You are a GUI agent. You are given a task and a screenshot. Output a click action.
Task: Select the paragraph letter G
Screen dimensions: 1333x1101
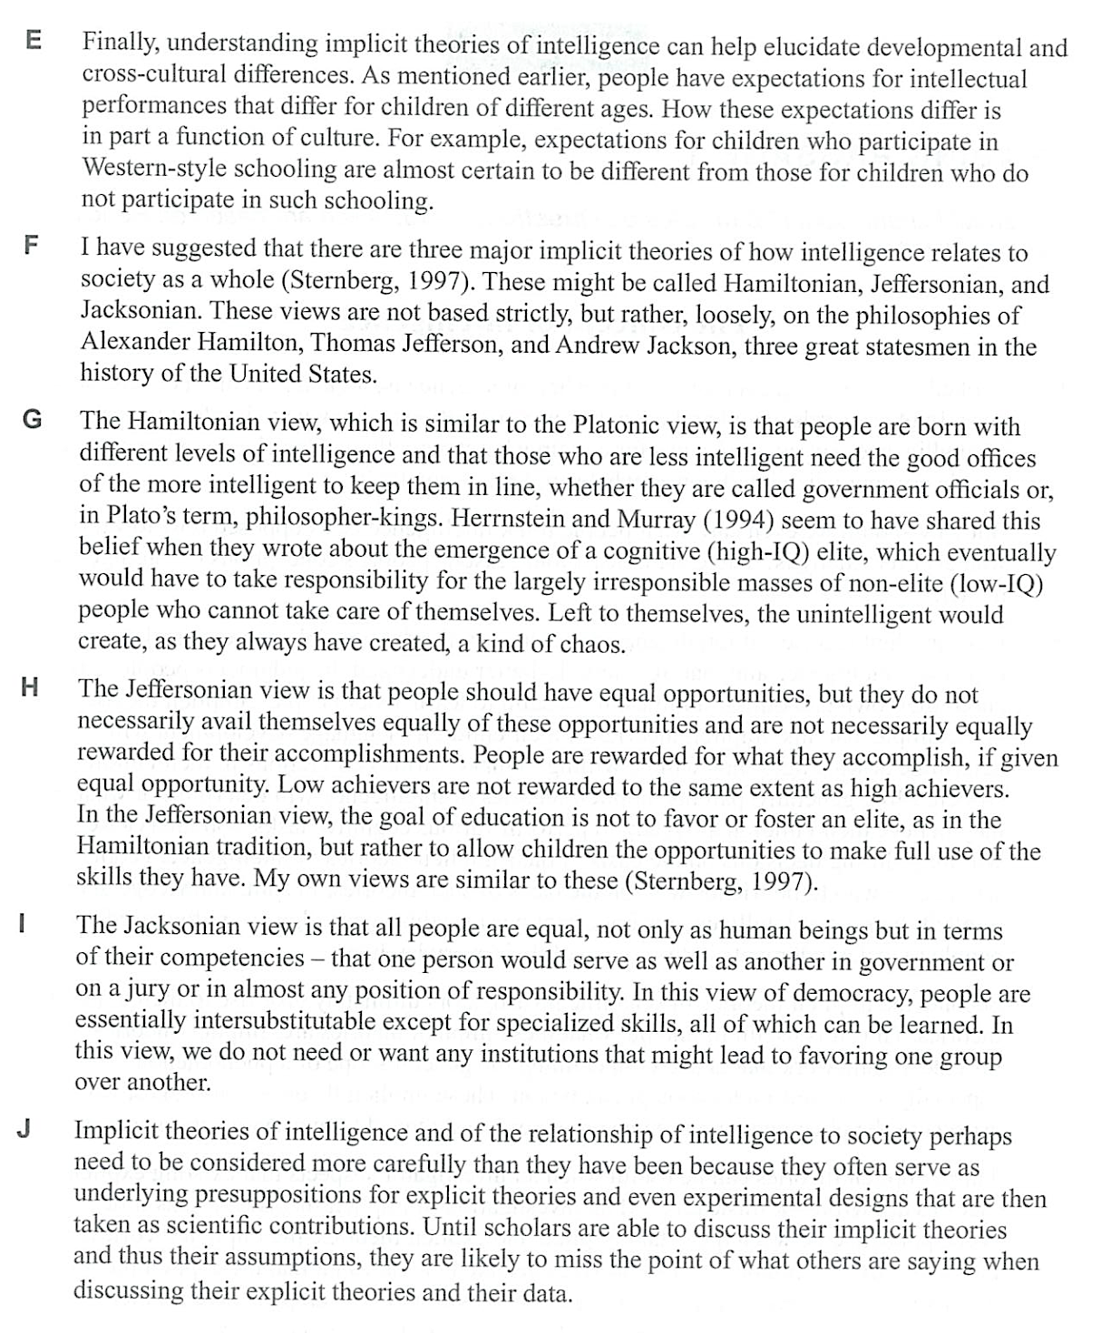[32, 420]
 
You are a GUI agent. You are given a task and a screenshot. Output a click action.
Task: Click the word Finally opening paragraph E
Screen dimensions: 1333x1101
[120, 44]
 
